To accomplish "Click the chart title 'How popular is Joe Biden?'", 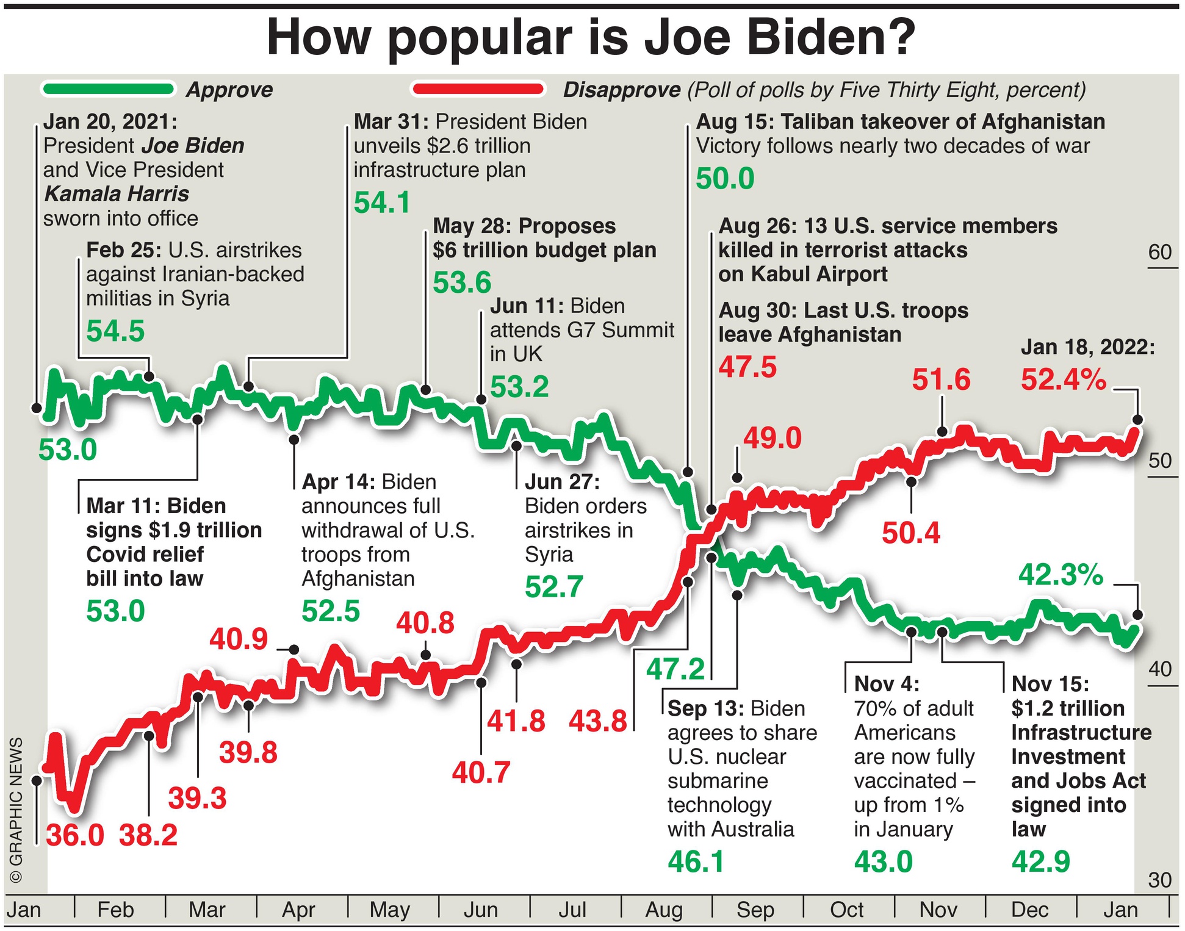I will click(591, 38).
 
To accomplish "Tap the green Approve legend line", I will click(109, 90).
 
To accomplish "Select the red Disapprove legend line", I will click(478, 90).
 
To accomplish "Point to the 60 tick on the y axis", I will click(1159, 252).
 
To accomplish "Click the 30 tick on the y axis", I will click(1159, 880).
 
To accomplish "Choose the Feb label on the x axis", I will click(115, 910).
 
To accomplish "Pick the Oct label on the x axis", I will click(846, 910).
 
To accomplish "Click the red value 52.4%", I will click(1063, 379).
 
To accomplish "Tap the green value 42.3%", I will click(1061, 575).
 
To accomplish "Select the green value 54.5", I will click(115, 331).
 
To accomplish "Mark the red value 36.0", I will click(74, 835).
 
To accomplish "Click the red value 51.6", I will click(941, 379).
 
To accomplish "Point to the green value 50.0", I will click(725, 179).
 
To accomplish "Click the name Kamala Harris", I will click(117, 194).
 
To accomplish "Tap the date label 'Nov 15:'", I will click(1050, 684).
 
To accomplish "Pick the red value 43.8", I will click(598, 722).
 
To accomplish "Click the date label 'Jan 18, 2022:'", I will click(1088, 347).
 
